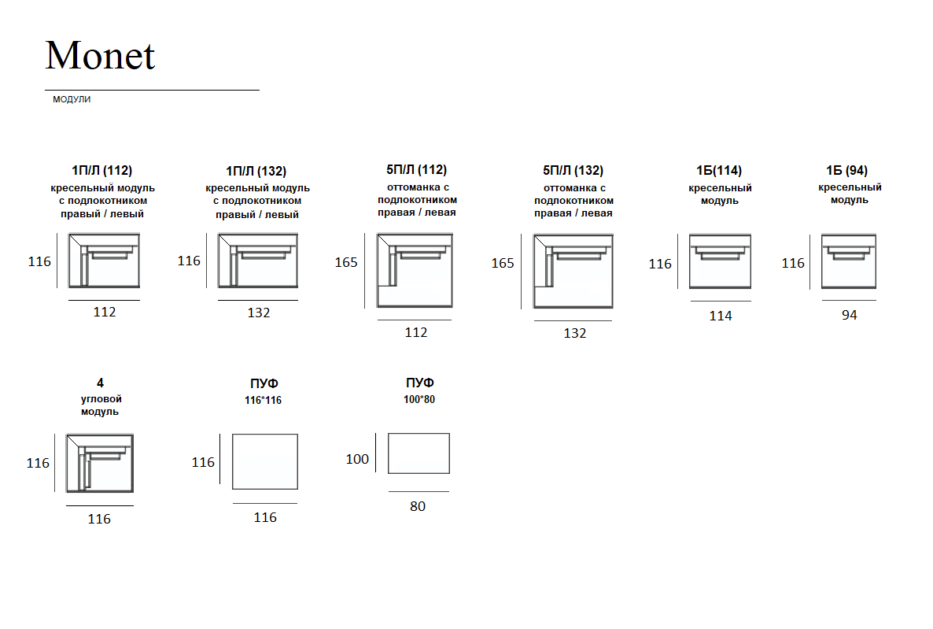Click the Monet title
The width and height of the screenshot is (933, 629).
(x=100, y=55)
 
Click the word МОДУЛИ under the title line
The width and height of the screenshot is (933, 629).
(x=72, y=99)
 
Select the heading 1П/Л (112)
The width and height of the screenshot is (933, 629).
(x=101, y=170)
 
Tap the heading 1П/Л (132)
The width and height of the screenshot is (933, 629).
(x=256, y=171)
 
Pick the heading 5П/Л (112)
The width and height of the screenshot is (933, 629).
(x=416, y=170)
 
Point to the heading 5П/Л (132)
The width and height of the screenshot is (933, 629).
(x=573, y=170)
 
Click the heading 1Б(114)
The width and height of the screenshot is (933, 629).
(x=719, y=170)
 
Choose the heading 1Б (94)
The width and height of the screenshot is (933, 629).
(x=846, y=170)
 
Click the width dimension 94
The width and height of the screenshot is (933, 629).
(x=849, y=315)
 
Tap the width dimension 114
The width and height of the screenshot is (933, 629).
(x=721, y=316)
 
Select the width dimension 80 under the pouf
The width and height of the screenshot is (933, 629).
(x=418, y=506)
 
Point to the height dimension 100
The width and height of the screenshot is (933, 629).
(x=357, y=459)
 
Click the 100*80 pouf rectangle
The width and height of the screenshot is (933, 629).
(x=419, y=453)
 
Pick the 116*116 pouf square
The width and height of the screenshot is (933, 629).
(x=265, y=461)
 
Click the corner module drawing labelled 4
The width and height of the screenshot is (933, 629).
(x=99, y=464)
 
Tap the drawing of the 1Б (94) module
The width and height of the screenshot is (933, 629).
(x=849, y=261)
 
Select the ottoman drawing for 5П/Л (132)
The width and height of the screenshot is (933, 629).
(x=573, y=271)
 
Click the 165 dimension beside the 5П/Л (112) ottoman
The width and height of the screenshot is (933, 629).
(x=346, y=263)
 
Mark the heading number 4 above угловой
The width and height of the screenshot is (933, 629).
(x=100, y=383)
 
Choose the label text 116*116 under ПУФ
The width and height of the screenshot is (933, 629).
(x=263, y=400)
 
